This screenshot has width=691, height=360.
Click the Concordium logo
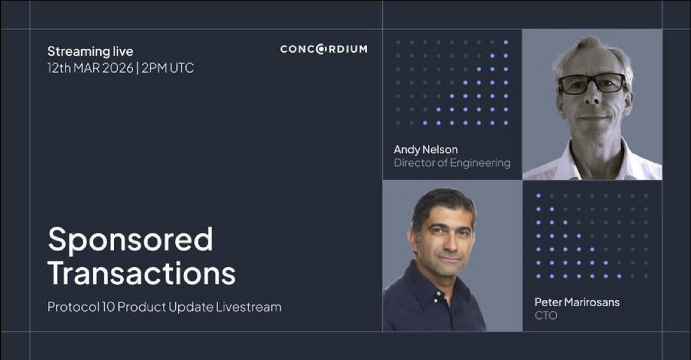tap(323, 49)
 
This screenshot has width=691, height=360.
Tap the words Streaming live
tap(90, 51)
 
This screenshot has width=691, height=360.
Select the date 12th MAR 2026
tap(90, 68)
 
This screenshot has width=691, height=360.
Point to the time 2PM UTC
tap(168, 68)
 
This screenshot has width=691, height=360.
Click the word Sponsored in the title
tap(130, 239)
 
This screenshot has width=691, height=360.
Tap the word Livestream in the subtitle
tap(249, 307)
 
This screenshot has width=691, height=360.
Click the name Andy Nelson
tap(426, 149)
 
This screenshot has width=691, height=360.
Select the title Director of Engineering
tap(452, 163)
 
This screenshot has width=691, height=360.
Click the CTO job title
tap(546, 315)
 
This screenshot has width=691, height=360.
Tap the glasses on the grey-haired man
tap(592, 83)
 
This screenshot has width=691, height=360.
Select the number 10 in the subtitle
tap(106, 307)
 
